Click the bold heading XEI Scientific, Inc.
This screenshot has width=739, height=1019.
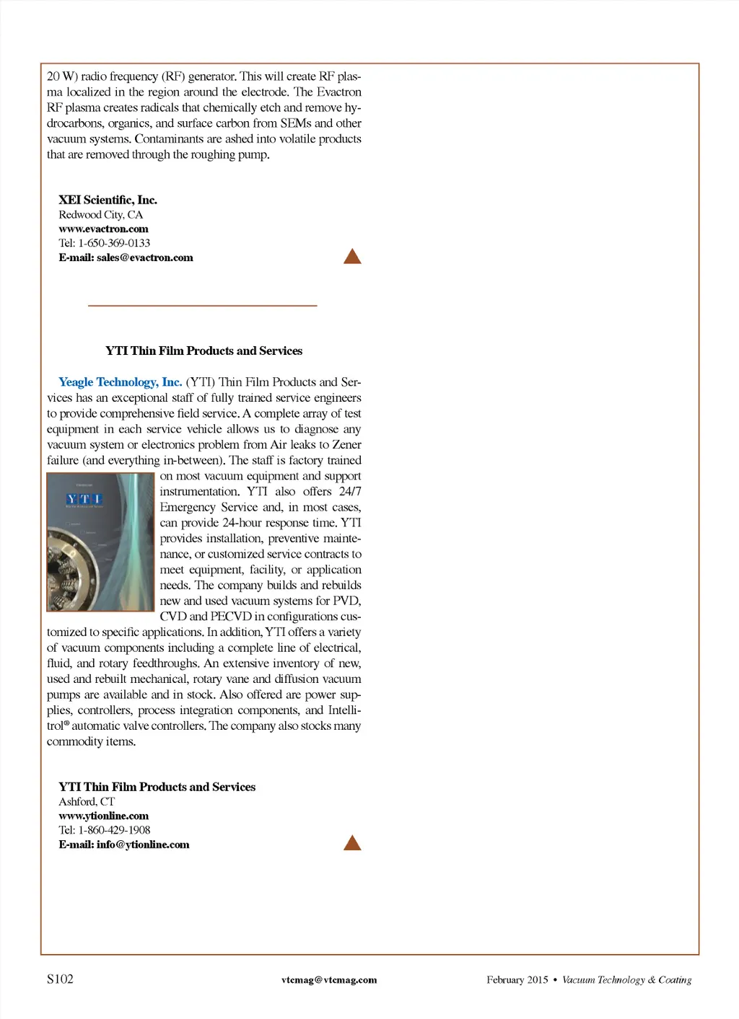point(108,200)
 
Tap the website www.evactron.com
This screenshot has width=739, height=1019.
point(103,229)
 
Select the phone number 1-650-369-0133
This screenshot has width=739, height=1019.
point(114,243)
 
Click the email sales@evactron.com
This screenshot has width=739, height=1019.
point(144,257)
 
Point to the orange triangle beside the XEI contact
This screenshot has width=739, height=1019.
point(352,257)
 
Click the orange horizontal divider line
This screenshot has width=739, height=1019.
point(202,306)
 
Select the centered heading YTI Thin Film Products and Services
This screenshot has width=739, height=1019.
point(204,351)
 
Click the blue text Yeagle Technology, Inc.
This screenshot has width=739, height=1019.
point(120,382)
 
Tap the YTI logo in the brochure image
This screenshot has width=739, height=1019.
point(84,499)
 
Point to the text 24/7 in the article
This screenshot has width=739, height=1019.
point(350,492)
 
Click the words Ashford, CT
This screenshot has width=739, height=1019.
point(87,801)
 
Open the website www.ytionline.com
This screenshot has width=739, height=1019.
point(103,816)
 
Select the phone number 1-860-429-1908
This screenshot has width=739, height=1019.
point(114,830)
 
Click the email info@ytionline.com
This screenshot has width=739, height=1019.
point(143,844)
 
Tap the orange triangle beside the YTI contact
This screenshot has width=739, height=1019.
point(352,843)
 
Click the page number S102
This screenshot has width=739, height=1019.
point(60,979)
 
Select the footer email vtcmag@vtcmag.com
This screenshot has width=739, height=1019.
point(329,980)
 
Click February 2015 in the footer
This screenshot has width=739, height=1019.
point(517,980)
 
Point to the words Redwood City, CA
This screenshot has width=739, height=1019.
point(100,214)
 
